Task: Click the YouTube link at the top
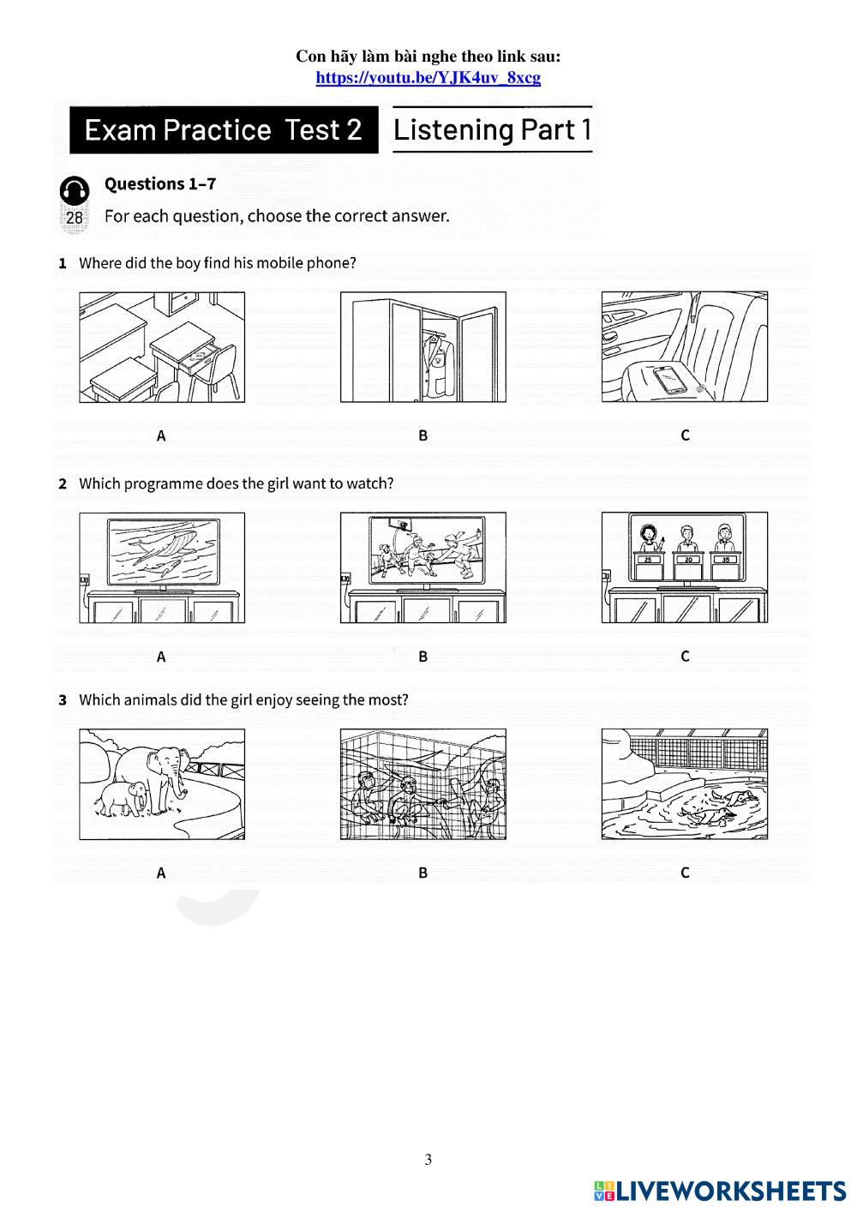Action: click(x=428, y=78)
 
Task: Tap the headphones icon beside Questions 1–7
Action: click(x=74, y=190)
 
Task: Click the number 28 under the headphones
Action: click(x=74, y=218)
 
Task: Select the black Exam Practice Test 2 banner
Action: click(x=224, y=130)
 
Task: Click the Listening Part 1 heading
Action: click(x=492, y=130)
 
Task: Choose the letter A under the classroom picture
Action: click(x=161, y=435)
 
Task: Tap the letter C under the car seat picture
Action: click(x=685, y=435)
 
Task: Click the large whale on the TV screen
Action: click(x=166, y=548)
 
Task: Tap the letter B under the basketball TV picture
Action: click(x=423, y=657)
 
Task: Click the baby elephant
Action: click(x=123, y=798)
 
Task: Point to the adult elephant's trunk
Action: click(x=179, y=780)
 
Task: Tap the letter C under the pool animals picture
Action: click(x=685, y=873)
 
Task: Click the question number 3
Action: click(x=63, y=700)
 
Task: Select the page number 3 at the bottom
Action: click(x=428, y=1159)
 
